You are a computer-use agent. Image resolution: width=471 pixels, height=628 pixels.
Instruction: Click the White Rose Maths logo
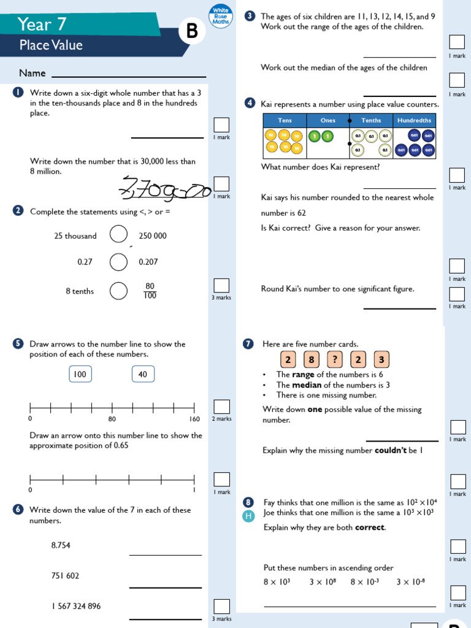click(220, 16)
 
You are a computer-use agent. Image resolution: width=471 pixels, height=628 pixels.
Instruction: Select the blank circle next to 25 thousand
click(118, 235)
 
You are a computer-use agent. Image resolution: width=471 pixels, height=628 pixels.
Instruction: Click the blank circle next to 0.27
click(118, 262)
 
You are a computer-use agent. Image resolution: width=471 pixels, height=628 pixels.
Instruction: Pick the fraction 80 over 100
click(150, 291)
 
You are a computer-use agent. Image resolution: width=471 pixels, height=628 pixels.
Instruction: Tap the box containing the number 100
click(80, 374)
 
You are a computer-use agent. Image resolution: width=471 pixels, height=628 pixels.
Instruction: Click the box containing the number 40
click(143, 374)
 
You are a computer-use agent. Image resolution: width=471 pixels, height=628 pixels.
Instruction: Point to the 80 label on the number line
click(112, 419)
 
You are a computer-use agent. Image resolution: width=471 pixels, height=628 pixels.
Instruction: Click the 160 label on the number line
click(194, 419)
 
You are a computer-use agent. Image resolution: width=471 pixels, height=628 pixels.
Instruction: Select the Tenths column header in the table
click(371, 120)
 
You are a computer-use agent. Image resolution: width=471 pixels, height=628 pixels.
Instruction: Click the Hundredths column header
click(415, 120)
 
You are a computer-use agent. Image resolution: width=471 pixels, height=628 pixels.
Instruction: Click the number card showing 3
click(381, 359)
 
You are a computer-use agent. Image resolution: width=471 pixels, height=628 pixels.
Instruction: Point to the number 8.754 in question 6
click(61, 545)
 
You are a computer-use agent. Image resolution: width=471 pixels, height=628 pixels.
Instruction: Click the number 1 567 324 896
click(76, 606)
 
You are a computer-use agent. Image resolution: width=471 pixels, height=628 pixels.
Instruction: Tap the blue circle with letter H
click(248, 516)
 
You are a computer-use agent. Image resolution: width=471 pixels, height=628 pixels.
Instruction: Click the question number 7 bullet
click(248, 344)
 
